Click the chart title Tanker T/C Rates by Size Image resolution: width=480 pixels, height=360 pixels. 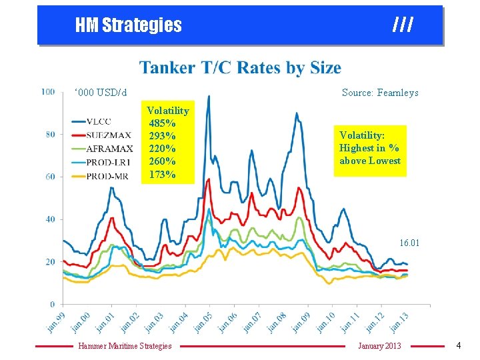[x=240, y=68]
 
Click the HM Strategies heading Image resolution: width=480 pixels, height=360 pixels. [x=128, y=25]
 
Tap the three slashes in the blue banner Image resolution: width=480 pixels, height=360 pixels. [x=403, y=25]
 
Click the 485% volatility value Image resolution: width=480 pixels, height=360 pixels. [x=162, y=123]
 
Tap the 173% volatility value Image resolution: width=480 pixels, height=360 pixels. [x=162, y=175]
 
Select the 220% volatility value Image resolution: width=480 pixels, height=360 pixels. [x=162, y=149]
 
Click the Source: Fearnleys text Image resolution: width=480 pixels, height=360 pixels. [x=380, y=93]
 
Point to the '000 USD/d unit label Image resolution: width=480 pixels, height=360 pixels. [x=101, y=93]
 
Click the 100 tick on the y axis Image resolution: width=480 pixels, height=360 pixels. [x=48, y=91]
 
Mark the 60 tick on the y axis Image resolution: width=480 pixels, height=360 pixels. [x=50, y=177]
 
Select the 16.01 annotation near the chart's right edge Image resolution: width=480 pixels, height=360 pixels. [x=409, y=243]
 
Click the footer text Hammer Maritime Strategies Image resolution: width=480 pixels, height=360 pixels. [x=125, y=345]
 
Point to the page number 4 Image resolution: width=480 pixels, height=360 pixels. [x=458, y=345]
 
